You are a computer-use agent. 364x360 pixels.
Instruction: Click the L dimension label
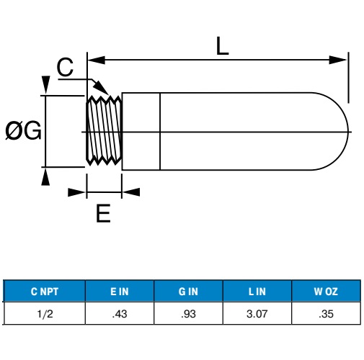[222, 46]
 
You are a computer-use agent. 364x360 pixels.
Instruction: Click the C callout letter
[65, 67]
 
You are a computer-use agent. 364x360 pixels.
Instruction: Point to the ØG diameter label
[23, 130]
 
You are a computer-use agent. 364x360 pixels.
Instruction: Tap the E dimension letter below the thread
[103, 213]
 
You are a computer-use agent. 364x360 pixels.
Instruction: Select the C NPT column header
[45, 292]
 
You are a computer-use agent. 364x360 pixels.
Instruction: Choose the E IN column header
[120, 292]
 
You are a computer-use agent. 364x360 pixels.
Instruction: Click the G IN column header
[188, 292]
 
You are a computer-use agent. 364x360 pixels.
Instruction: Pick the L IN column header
[257, 292]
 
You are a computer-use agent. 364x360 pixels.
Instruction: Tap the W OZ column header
[326, 292]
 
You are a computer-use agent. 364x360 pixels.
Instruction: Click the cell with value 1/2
[45, 314]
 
